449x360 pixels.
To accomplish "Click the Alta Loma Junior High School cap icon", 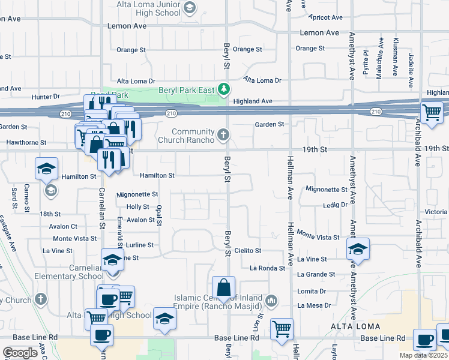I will pos(190,7).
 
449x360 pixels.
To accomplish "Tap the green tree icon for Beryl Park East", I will pos(224,89).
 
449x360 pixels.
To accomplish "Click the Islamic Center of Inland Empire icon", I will pos(271,299).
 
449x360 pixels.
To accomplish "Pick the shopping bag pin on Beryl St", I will pos(223,288).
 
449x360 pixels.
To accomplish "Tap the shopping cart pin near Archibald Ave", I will pos(432,113).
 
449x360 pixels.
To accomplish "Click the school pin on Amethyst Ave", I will pos(358,250).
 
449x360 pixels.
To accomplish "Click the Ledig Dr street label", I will pos(335,205).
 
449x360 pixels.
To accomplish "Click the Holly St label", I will pos(137,206).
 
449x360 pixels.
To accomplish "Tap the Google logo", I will pos(20,353).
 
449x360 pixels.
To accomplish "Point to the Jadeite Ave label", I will pos(411,62).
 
